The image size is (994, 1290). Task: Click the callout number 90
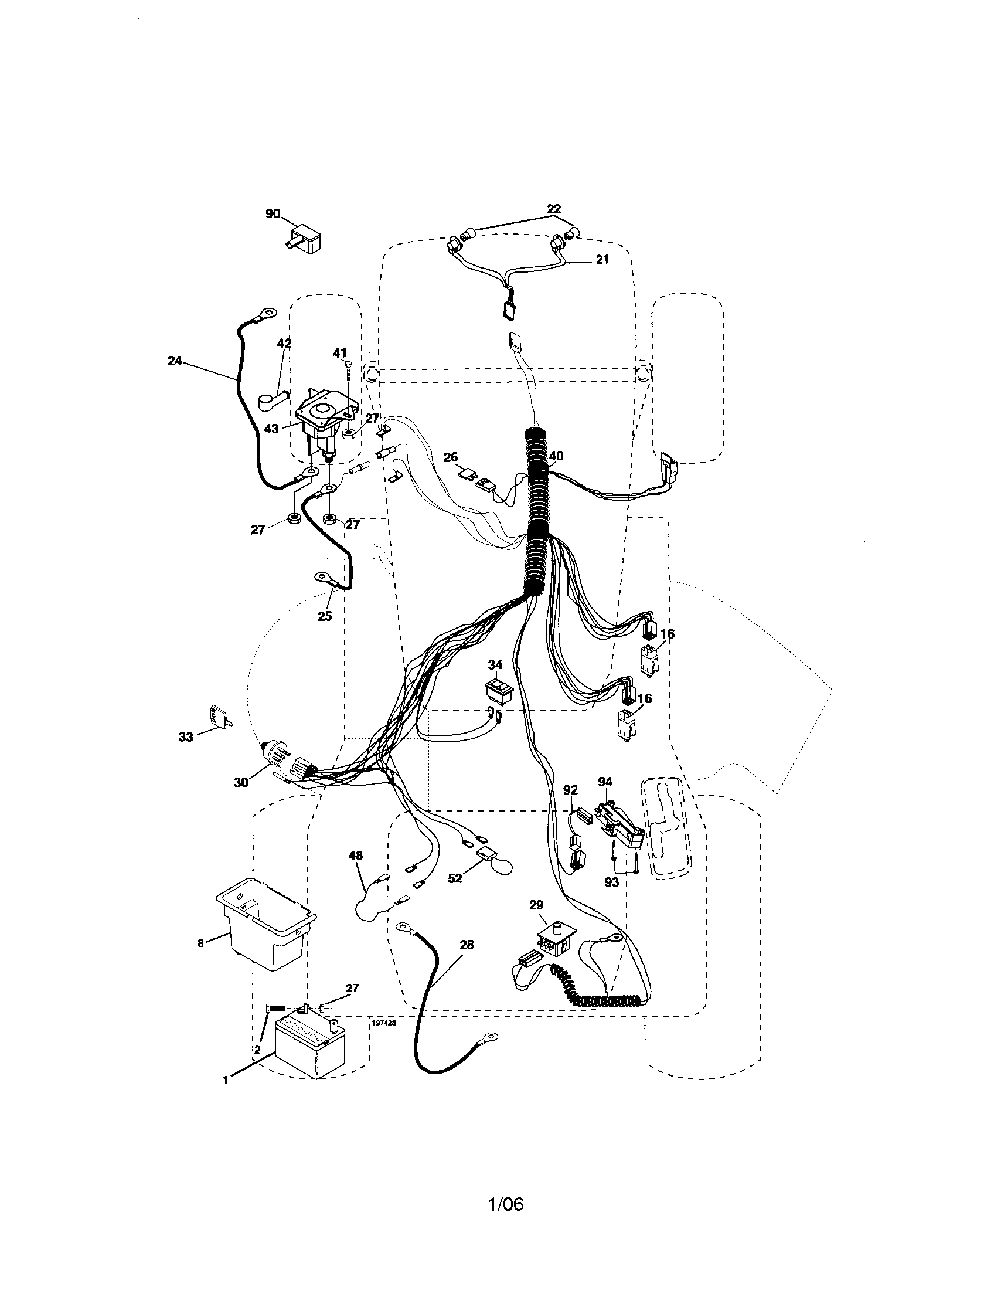coord(273,214)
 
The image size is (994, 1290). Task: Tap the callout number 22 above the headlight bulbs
coord(553,209)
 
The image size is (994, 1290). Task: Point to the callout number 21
coord(601,259)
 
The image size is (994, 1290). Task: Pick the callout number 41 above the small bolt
coord(339,353)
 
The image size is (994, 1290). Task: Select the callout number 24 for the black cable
coord(175,360)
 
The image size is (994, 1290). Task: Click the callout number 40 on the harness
coord(556,456)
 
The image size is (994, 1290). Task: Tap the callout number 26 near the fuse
coord(450,457)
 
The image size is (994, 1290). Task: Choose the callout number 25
coord(325,616)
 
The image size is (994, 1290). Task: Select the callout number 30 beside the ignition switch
coord(241,782)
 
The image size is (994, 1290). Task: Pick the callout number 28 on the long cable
coord(467,945)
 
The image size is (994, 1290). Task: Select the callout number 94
coord(605,782)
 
